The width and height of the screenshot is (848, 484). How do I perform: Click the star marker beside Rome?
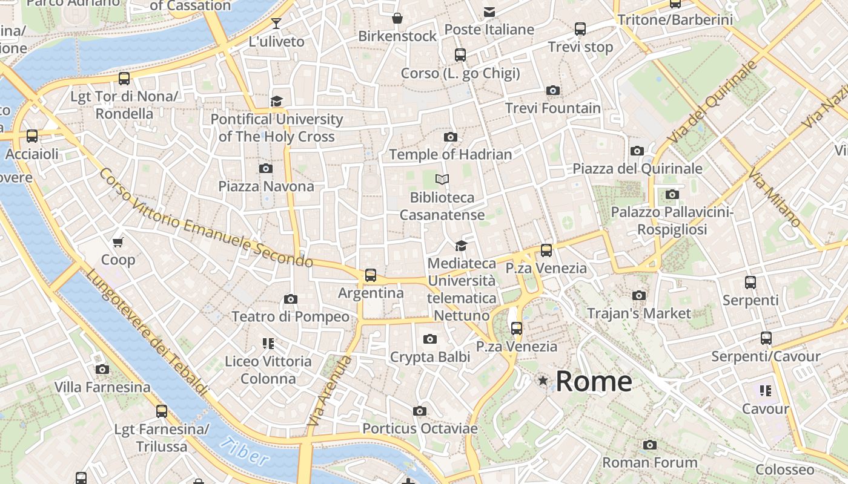[x=543, y=381]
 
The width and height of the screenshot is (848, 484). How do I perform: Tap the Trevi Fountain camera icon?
[x=552, y=91]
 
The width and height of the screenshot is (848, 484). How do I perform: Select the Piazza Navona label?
[x=267, y=186]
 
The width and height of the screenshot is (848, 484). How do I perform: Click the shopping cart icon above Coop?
[x=118, y=242]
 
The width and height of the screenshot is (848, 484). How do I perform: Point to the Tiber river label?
[x=245, y=452]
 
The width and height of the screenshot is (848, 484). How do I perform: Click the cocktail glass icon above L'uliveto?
[x=276, y=24]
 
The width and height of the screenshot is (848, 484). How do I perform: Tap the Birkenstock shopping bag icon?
[x=397, y=18]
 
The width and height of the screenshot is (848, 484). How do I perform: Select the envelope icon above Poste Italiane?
[x=489, y=11]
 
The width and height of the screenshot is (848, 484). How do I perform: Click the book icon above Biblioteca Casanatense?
[x=443, y=179]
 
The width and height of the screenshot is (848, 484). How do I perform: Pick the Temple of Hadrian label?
[x=451, y=154]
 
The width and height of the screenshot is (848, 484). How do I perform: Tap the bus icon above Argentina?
[x=371, y=275]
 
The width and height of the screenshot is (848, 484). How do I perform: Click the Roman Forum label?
[x=650, y=463]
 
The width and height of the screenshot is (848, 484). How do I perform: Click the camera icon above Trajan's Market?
[x=639, y=296]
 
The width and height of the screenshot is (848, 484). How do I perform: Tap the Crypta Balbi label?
[x=430, y=357]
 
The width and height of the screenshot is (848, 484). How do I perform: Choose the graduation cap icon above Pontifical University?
[x=277, y=101]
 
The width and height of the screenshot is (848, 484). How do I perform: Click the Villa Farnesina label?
[x=102, y=387]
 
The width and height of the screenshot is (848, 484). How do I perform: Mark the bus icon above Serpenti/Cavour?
[x=766, y=338]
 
